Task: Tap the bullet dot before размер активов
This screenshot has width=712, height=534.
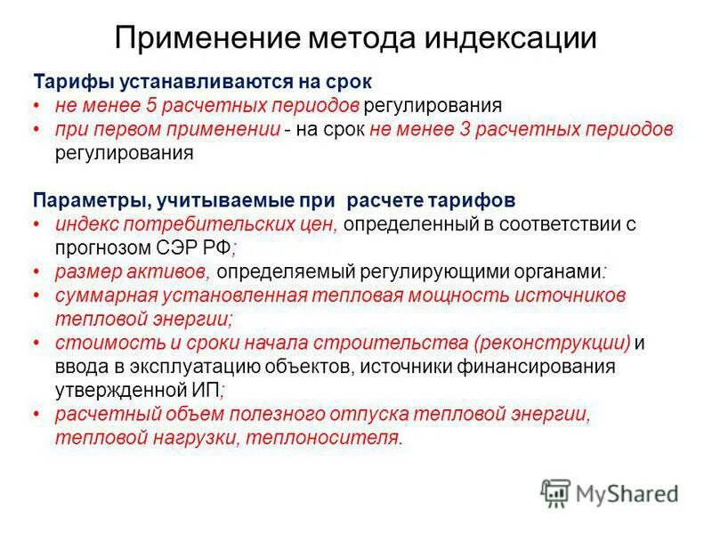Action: [36, 270]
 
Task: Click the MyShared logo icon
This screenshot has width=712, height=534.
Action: [555, 491]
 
